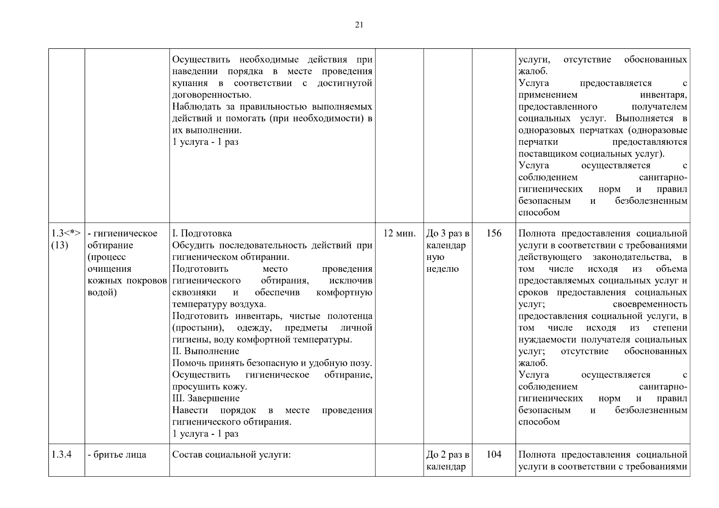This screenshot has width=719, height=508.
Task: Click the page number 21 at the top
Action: (x=359, y=25)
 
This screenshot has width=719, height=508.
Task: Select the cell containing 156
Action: (x=494, y=233)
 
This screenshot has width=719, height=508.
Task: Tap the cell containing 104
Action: (x=494, y=455)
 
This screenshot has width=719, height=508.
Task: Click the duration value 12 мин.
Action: (x=399, y=233)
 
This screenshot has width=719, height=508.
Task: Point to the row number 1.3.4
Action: (x=61, y=455)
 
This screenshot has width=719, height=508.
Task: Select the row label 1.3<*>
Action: (x=66, y=233)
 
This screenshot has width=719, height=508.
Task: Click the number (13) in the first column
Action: (x=59, y=245)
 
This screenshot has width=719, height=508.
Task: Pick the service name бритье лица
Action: (x=117, y=455)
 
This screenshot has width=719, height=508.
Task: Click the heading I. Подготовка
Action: (x=202, y=233)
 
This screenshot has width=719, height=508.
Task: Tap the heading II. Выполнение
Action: (x=205, y=351)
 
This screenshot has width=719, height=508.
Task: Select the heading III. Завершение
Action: (x=206, y=398)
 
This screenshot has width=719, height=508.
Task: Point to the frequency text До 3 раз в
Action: (x=448, y=233)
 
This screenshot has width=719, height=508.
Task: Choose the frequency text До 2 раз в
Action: (x=448, y=455)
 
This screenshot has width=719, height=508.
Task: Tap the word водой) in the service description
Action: (x=102, y=293)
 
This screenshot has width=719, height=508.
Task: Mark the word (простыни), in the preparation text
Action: (x=198, y=328)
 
